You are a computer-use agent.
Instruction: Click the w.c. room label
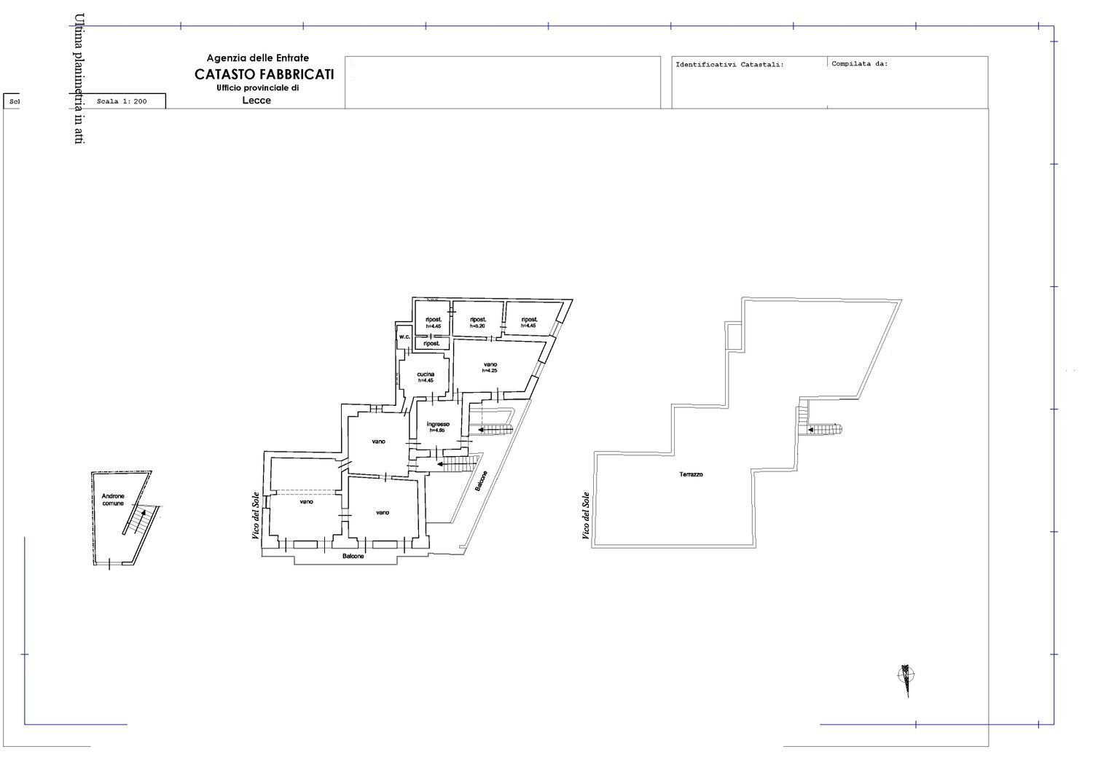point(404,337)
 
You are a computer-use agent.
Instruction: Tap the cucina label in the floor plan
point(426,374)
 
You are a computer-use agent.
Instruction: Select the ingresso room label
point(438,424)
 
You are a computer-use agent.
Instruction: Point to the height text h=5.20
point(478,326)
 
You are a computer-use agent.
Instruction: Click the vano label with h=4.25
point(490,365)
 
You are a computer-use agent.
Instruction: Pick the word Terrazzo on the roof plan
point(691,474)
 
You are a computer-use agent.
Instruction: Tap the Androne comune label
point(113,500)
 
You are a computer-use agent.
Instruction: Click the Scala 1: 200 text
point(122,101)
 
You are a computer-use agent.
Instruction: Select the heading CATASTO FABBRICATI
point(264,74)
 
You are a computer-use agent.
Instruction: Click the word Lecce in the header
point(256,101)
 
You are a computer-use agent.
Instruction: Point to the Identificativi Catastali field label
point(729,65)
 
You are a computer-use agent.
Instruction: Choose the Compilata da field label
point(860,64)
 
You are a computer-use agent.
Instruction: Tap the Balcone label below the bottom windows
point(353,556)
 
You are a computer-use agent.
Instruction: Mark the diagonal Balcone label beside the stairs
point(482,481)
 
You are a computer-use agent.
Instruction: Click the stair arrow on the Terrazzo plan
point(811,430)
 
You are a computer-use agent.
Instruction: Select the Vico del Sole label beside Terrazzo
point(585,516)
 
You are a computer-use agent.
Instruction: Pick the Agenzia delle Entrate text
point(258,58)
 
